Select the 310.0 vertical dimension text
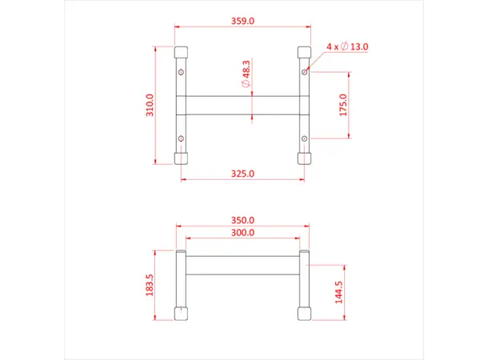click(150, 105)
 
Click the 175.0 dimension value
click(342, 105)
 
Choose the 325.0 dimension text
click(242, 174)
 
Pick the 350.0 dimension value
click(242, 220)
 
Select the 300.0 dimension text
click(242, 233)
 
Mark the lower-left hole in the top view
click(182, 140)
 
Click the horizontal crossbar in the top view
click(242, 106)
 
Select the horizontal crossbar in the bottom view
click(242, 266)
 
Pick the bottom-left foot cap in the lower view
click(182, 314)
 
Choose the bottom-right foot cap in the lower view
click(304, 314)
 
